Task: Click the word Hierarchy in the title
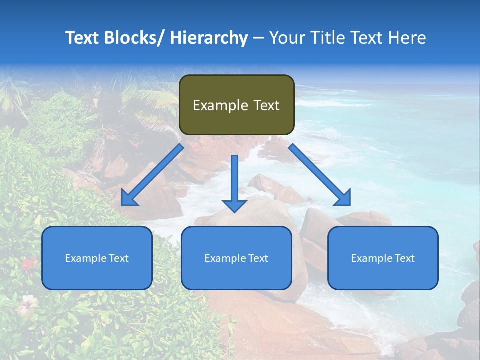(209, 38)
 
